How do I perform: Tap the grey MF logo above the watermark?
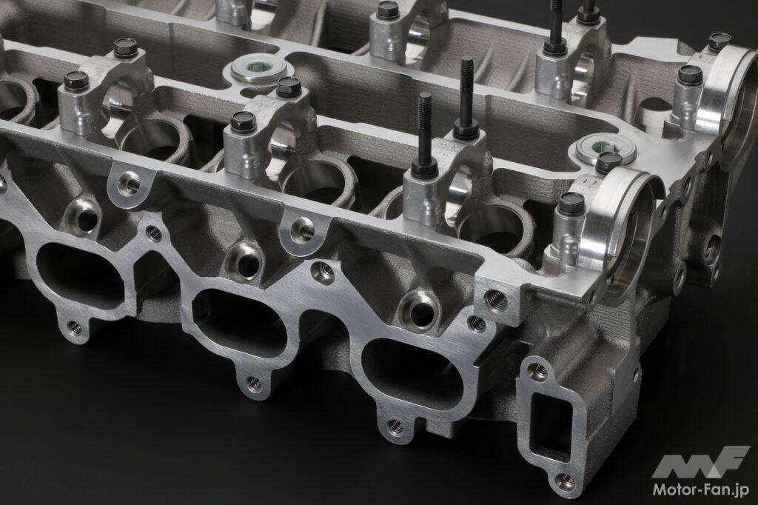700,463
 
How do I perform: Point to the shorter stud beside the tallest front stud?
425,130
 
